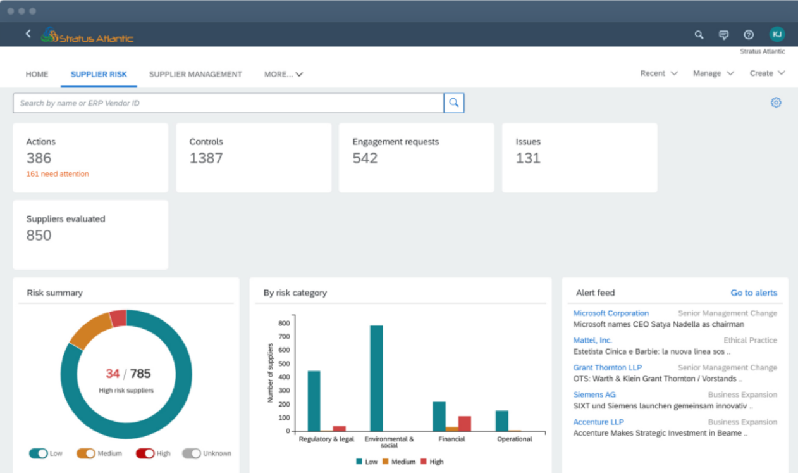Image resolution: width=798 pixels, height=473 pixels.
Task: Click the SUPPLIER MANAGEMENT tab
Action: pyautogui.click(x=195, y=74)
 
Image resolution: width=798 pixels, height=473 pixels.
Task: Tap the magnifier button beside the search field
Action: pyautogui.click(x=454, y=103)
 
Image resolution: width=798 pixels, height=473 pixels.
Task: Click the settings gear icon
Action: pyautogui.click(x=776, y=103)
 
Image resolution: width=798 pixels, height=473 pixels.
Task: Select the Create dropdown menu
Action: pyautogui.click(x=767, y=73)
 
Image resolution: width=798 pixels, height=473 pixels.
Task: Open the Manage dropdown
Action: pyautogui.click(x=713, y=73)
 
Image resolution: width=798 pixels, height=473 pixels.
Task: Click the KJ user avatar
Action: pyautogui.click(x=777, y=34)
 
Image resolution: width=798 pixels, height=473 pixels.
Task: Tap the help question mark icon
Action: pyautogui.click(x=749, y=35)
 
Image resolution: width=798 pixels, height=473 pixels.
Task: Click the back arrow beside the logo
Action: pyautogui.click(x=28, y=34)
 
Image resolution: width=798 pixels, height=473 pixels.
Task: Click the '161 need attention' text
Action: pyautogui.click(x=58, y=174)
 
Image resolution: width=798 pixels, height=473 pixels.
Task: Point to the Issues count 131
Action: pyautogui.click(x=528, y=158)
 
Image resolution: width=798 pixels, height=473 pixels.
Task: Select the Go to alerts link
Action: pyautogui.click(x=754, y=293)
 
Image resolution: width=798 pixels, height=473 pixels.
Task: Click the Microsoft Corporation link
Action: pyautogui.click(x=611, y=313)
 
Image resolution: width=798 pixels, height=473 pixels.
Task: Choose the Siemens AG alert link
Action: pyautogui.click(x=594, y=394)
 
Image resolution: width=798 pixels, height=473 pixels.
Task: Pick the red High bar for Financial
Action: pyautogui.click(x=465, y=424)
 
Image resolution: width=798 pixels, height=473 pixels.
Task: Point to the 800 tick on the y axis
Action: pyautogui.click(x=284, y=323)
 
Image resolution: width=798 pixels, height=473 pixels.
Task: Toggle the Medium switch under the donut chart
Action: pyautogui.click(x=86, y=453)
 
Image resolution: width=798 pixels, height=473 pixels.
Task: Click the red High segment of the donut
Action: pyautogui.click(x=118, y=318)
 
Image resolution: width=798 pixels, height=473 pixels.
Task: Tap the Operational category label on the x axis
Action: pyautogui.click(x=514, y=439)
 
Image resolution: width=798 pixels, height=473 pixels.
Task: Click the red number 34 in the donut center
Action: pyautogui.click(x=113, y=374)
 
